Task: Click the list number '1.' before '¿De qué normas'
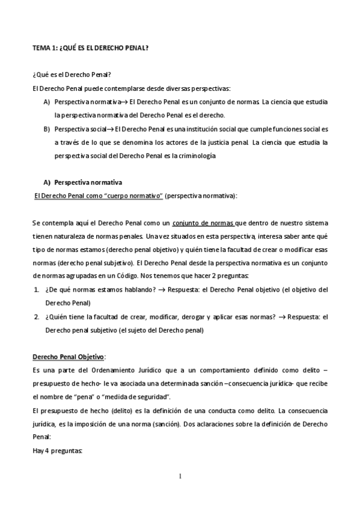pos(36,289)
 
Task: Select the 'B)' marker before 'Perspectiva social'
pos(46,129)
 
